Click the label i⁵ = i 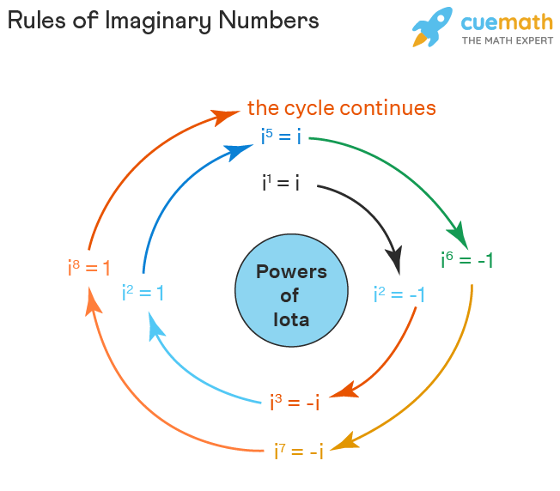[x=281, y=136]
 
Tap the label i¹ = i [x=280, y=183]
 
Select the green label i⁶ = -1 [x=466, y=260]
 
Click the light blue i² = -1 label [x=399, y=294]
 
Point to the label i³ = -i [x=294, y=402]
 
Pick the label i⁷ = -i [x=298, y=451]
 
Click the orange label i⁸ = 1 [x=89, y=268]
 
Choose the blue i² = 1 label [x=143, y=293]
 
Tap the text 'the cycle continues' [x=341, y=108]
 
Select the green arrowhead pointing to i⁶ [x=458, y=233]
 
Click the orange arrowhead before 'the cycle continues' [x=227, y=115]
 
